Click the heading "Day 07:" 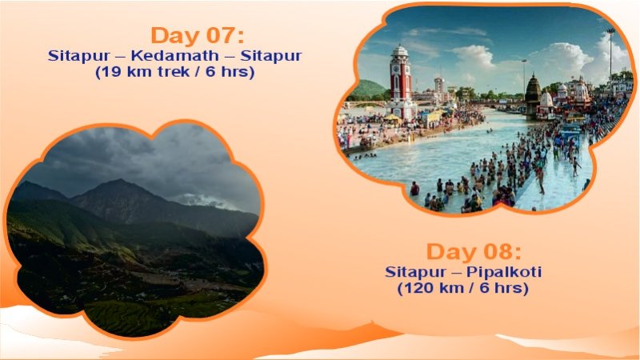click(197, 36)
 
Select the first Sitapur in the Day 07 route click(74, 56)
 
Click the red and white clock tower click(400, 84)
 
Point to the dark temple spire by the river click(532, 94)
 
